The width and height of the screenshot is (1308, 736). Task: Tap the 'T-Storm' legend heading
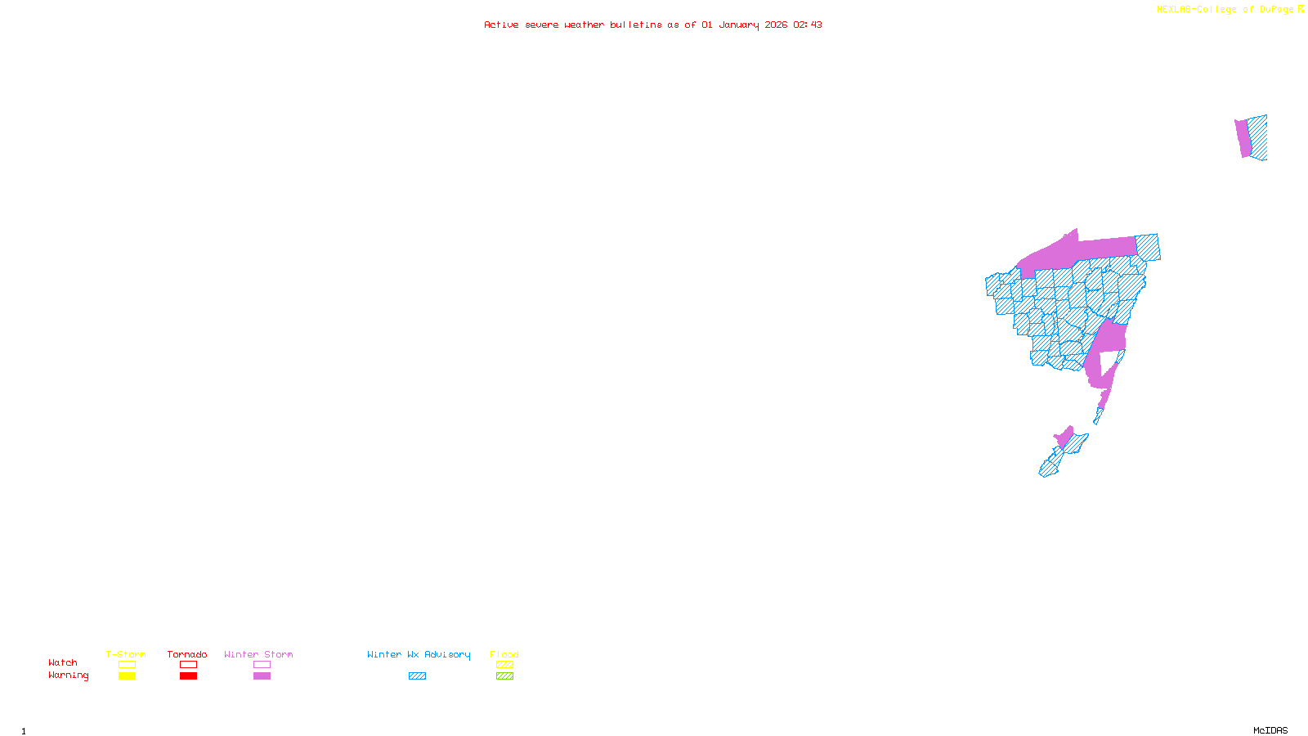(x=126, y=654)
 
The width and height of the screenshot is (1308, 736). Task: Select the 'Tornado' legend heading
(x=187, y=654)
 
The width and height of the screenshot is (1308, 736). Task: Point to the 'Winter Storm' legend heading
(x=258, y=654)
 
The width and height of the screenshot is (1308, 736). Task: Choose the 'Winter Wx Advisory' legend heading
(x=419, y=654)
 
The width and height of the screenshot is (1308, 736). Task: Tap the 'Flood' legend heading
(x=504, y=654)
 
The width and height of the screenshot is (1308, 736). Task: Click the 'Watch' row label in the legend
(x=63, y=663)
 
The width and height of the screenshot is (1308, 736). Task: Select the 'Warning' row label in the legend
(x=68, y=675)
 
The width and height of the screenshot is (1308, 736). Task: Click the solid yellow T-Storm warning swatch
(x=127, y=676)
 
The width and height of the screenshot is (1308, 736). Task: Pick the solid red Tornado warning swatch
(x=188, y=676)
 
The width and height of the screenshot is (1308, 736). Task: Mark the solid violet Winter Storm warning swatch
(x=262, y=676)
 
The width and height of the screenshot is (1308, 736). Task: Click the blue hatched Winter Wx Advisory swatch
(x=417, y=676)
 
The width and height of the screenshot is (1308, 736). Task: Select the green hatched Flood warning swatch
(x=504, y=676)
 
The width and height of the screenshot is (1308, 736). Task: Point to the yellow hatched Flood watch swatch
(x=504, y=665)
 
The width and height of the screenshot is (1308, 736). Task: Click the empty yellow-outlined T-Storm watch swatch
(x=127, y=665)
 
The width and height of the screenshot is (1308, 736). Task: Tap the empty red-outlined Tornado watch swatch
(x=188, y=665)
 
